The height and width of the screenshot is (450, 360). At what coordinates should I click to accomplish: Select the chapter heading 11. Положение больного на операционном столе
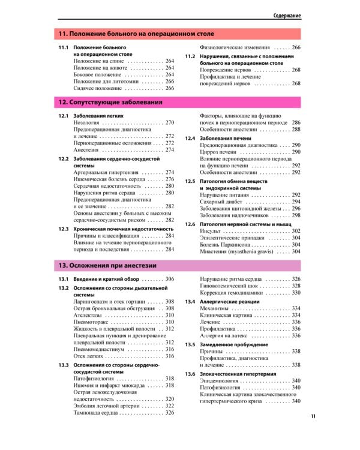(136, 34)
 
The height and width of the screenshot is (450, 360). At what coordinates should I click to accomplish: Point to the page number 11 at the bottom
(313, 416)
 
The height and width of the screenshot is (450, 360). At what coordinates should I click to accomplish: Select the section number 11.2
(190, 56)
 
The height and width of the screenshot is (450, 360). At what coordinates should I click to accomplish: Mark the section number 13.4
(190, 301)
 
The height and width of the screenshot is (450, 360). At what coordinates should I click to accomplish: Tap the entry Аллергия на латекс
(227, 335)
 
